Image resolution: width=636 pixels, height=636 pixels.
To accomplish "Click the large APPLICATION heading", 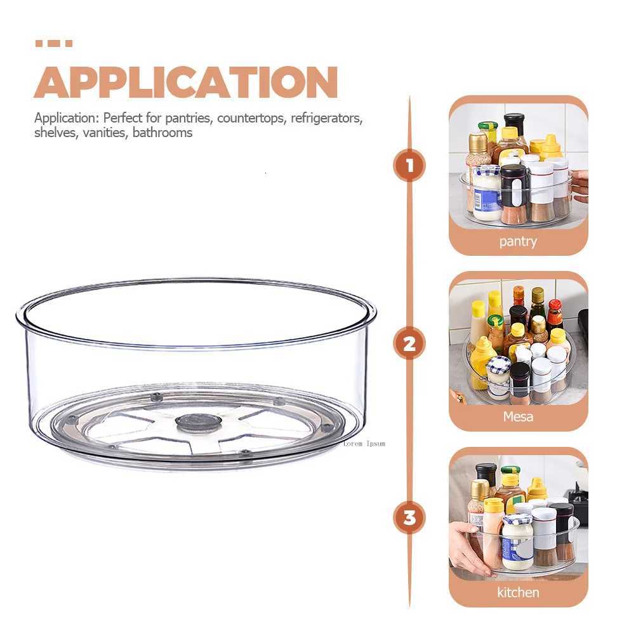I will tap(185, 82).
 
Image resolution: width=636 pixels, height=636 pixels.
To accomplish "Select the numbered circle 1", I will tap(409, 166).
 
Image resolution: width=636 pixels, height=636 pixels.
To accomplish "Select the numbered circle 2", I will tap(409, 345).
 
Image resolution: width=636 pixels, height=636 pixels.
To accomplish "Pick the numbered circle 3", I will tap(409, 518).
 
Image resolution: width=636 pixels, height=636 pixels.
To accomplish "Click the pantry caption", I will tap(518, 242).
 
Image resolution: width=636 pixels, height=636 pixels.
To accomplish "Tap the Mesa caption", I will tap(518, 417).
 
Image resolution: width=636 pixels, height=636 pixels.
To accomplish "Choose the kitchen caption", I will tap(518, 593).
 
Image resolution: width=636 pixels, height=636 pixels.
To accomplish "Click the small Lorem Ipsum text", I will tap(364, 444).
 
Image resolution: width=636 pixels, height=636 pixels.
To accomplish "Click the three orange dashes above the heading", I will tap(53, 44).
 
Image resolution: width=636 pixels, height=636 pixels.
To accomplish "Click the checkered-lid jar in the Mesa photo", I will tap(499, 374).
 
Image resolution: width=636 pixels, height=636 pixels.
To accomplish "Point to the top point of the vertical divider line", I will tap(409, 97).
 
